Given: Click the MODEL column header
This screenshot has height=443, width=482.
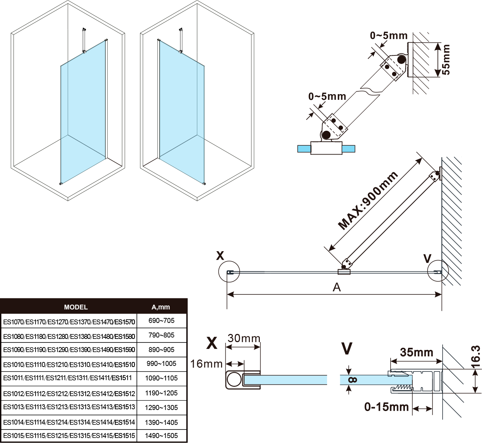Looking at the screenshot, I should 76,307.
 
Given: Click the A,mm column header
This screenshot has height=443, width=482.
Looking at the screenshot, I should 161,307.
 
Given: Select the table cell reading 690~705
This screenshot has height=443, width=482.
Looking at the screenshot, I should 161,320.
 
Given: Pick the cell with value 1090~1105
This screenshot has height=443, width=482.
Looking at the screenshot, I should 161,378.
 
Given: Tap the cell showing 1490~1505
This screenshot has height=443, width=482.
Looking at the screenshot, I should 161,436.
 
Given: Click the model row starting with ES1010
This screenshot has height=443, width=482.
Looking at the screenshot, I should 69,364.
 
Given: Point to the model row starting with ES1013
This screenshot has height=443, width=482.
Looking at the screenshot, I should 69,407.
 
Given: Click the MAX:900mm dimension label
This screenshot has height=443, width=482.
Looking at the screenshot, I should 368,201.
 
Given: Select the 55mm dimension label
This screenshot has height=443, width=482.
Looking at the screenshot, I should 446,59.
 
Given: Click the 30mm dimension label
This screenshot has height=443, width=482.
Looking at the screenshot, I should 244,338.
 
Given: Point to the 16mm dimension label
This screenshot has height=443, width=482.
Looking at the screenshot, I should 206,364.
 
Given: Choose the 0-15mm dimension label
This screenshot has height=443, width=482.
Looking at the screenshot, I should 386,407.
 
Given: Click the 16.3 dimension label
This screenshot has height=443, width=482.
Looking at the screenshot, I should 476,356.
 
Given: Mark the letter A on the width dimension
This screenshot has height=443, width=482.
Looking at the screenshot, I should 336,287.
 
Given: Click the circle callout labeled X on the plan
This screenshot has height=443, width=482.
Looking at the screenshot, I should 229,272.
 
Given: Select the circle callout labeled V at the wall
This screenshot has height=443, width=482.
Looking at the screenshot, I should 438,271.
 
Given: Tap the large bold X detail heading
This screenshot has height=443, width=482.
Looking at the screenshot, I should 212,343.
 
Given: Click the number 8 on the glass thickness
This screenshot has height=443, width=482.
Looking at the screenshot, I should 353,380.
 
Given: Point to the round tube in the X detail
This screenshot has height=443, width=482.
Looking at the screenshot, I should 234,379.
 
